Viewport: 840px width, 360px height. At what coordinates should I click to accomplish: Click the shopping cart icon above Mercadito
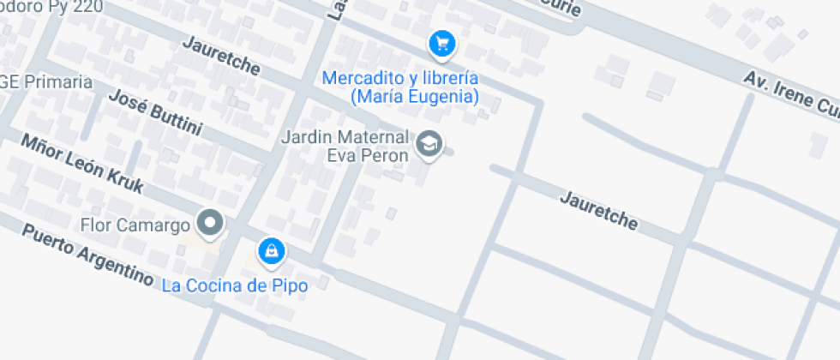point(441,43)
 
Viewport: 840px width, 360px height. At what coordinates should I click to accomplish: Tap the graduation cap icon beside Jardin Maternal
point(429,144)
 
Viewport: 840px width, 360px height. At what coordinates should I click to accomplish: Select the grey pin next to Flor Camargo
point(209,225)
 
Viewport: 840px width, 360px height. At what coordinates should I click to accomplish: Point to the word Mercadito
point(363,78)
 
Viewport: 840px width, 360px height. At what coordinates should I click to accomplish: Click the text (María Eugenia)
point(414,97)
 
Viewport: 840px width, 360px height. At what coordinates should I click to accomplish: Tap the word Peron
point(388,155)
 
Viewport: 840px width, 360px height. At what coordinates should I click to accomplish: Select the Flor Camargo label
point(135,226)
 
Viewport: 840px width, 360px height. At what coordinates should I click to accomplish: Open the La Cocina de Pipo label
point(235,285)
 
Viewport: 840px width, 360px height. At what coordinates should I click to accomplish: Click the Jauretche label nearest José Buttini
point(221,54)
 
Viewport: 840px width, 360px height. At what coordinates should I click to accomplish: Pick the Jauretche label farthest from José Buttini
point(599,210)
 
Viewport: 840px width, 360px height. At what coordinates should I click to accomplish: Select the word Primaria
point(57,82)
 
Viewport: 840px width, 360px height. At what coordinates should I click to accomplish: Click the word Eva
point(340,155)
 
